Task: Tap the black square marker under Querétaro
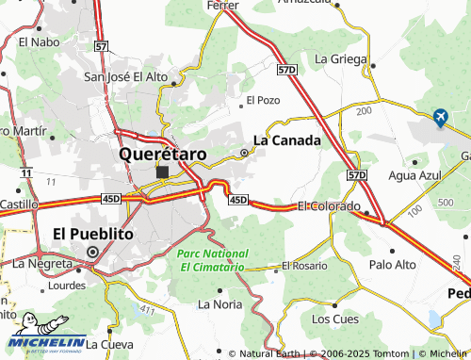click(163, 172)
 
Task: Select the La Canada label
click(287, 140)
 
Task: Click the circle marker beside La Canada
click(245, 153)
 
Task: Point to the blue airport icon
click(439, 117)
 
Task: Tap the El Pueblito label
click(93, 233)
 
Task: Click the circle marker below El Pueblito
click(92, 252)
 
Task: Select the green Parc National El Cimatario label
click(213, 260)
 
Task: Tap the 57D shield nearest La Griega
click(288, 70)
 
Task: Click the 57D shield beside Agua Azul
click(356, 175)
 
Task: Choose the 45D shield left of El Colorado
click(237, 199)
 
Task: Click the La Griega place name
click(339, 57)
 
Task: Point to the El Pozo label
click(263, 99)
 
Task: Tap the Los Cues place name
click(334, 319)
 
